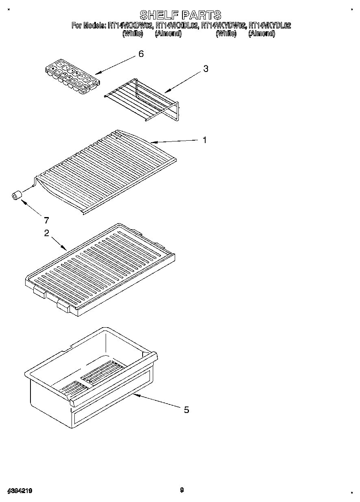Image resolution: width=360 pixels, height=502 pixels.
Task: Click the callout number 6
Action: pyautogui.click(x=141, y=54)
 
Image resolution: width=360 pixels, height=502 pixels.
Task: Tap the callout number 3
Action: pyautogui.click(x=206, y=69)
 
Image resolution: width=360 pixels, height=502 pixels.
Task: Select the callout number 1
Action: pyautogui.click(x=205, y=140)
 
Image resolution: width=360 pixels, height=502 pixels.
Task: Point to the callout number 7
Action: pyautogui.click(x=46, y=221)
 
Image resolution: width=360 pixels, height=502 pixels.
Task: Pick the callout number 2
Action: pyautogui.click(x=47, y=233)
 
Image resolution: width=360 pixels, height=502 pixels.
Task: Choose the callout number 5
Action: pyautogui.click(x=187, y=410)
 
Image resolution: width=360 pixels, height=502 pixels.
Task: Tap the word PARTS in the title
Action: pyautogui.click(x=202, y=15)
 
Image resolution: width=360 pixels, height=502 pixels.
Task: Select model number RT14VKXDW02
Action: pyautogui.click(x=130, y=26)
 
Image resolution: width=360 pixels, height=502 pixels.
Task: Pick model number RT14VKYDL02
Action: pyautogui.click(x=270, y=26)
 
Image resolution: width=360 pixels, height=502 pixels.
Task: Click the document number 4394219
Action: pyautogui.click(x=20, y=491)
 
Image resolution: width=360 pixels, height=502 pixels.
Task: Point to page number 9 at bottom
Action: pyautogui.click(x=182, y=490)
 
